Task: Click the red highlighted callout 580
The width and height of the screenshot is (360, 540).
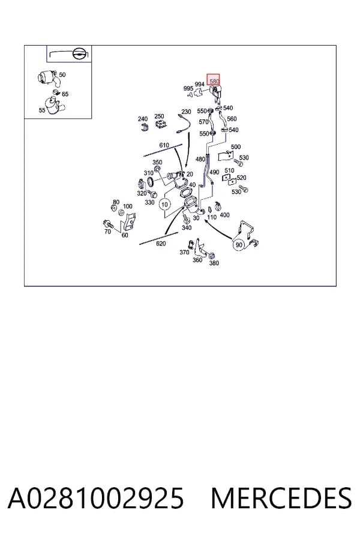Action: point(213,80)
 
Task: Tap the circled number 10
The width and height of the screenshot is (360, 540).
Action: point(164,205)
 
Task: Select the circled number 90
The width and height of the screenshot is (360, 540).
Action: point(239,245)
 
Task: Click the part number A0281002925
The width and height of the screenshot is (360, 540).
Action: point(96,498)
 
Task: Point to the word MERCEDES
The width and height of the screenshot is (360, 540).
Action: point(281,498)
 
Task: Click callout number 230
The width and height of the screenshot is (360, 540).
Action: point(186,112)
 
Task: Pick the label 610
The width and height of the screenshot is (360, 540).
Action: point(164,145)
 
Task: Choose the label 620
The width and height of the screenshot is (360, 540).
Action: point(161,244)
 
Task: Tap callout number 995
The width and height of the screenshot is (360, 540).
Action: point(188,89)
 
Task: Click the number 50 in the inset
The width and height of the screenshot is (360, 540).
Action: point(62,75)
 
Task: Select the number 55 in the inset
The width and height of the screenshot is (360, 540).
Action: point(42,110)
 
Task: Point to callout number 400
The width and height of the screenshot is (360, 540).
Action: point(224,215)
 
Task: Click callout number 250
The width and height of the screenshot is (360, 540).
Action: point(159,116)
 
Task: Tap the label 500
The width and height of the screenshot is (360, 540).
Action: point(236,147)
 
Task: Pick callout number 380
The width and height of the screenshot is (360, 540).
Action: point(214,263)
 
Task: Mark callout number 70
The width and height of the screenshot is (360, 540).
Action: point(107,232)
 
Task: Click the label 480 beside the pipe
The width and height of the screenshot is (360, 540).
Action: point(200,159)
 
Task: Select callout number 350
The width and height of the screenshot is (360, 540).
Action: point(157,162)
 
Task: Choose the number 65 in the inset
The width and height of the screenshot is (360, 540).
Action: point(65,94)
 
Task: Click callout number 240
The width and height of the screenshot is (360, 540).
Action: point(143,119)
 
